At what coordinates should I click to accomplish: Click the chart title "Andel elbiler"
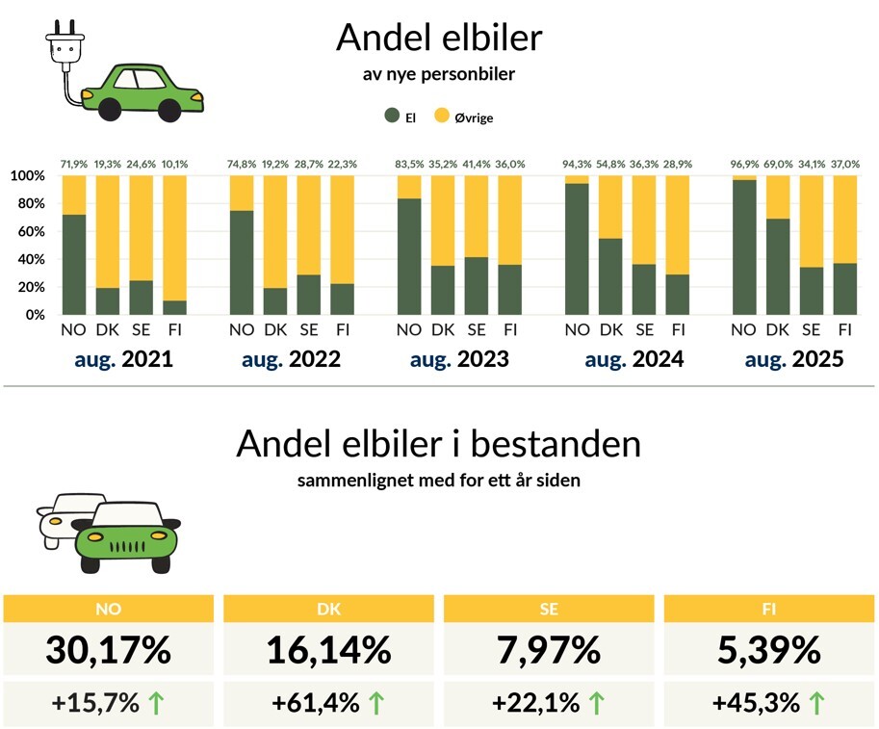pos(439,39)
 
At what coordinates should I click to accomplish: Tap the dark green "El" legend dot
pos(391,117)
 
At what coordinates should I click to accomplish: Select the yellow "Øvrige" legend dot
pos(442,117)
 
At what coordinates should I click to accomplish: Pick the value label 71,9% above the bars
pos(73,165)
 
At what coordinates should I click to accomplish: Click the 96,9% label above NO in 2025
pos(744,165)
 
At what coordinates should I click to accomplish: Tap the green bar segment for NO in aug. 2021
pos(74,264)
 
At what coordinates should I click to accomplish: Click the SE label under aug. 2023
pos(476,330)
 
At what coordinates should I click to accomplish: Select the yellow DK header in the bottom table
pos(328,609)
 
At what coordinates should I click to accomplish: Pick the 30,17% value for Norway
pos(109,650)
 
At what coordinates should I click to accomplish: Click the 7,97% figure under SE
pos(549,650)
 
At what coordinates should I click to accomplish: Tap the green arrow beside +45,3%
pos(816,703)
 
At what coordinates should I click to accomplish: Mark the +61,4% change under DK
pos(314,703)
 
